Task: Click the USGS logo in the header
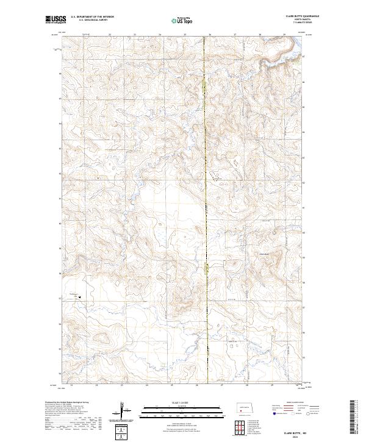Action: (56, 20)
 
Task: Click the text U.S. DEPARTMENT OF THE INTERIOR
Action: (92, 17)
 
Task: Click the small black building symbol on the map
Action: (80, 299)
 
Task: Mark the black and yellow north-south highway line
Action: (207, 183)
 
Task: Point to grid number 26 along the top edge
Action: (210, 34)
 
